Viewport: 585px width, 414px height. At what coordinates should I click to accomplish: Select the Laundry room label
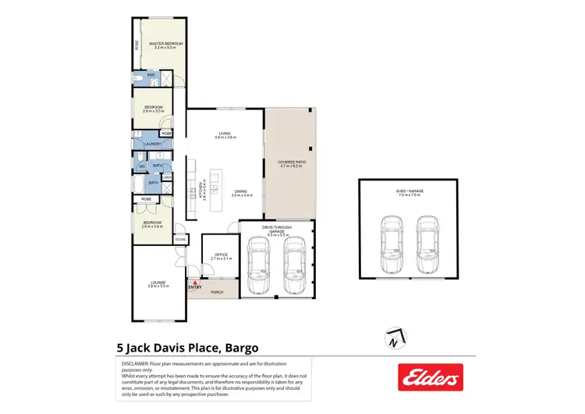[153, 144]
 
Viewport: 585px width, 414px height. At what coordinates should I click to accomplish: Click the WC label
[142, 166]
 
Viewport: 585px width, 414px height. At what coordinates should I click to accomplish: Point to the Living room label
[225, 134]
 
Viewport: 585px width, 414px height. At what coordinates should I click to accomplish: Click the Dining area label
[241, 193]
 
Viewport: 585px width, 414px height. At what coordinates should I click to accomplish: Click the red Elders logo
[430, 377]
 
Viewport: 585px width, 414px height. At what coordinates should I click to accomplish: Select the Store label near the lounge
[179, 239]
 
